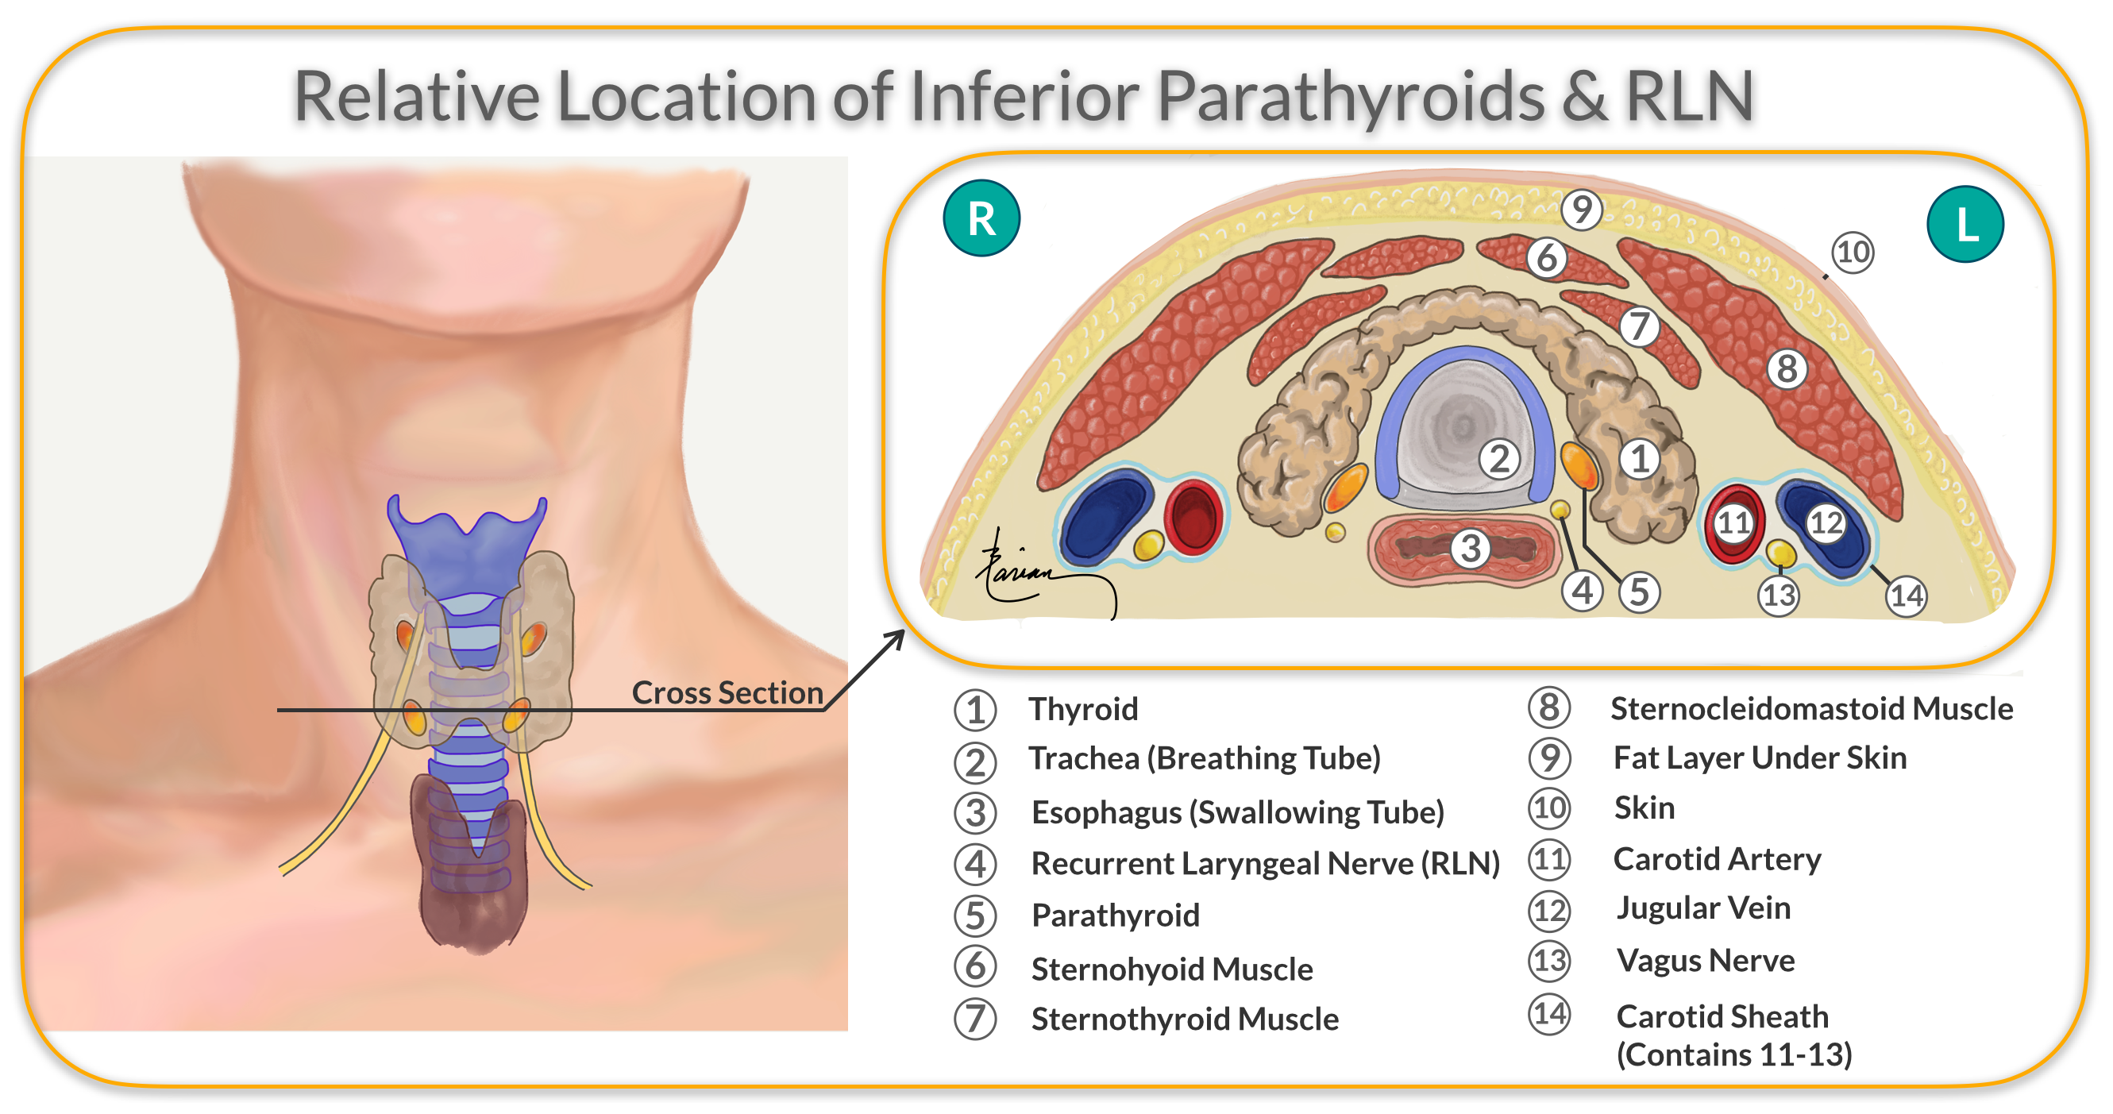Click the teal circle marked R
pyautogui.click(x=981, y=218)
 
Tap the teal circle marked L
pyautogui.click(x=1965, y=224)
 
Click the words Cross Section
pyautogui.click(x=727, y=692)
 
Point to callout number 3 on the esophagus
pyautogui.click(x=1471, y=548)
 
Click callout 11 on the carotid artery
pyautogui.click(x=1734, y=522)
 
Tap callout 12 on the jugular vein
pyautogui.click(x=1826, y=522)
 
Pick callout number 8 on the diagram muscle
pyautogui.click(x=1787, y=368)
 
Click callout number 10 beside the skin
pyautogui.click(x=1853, y=252)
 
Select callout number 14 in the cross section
pyautogui.click(x=1906, y=596)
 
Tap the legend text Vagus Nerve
pyautogui.click(x=1706, y=961)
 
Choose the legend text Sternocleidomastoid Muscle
pyautogui.click(x=1811, y=709)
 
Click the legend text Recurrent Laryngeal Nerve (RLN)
pyautogui.click(x=1265, y=864)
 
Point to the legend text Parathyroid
pyautogui.click(x=1115, y=915)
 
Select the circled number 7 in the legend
pyautogui.click(x=975, y=1019)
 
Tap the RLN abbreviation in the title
pyautogui.click(x=1690, y=97)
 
